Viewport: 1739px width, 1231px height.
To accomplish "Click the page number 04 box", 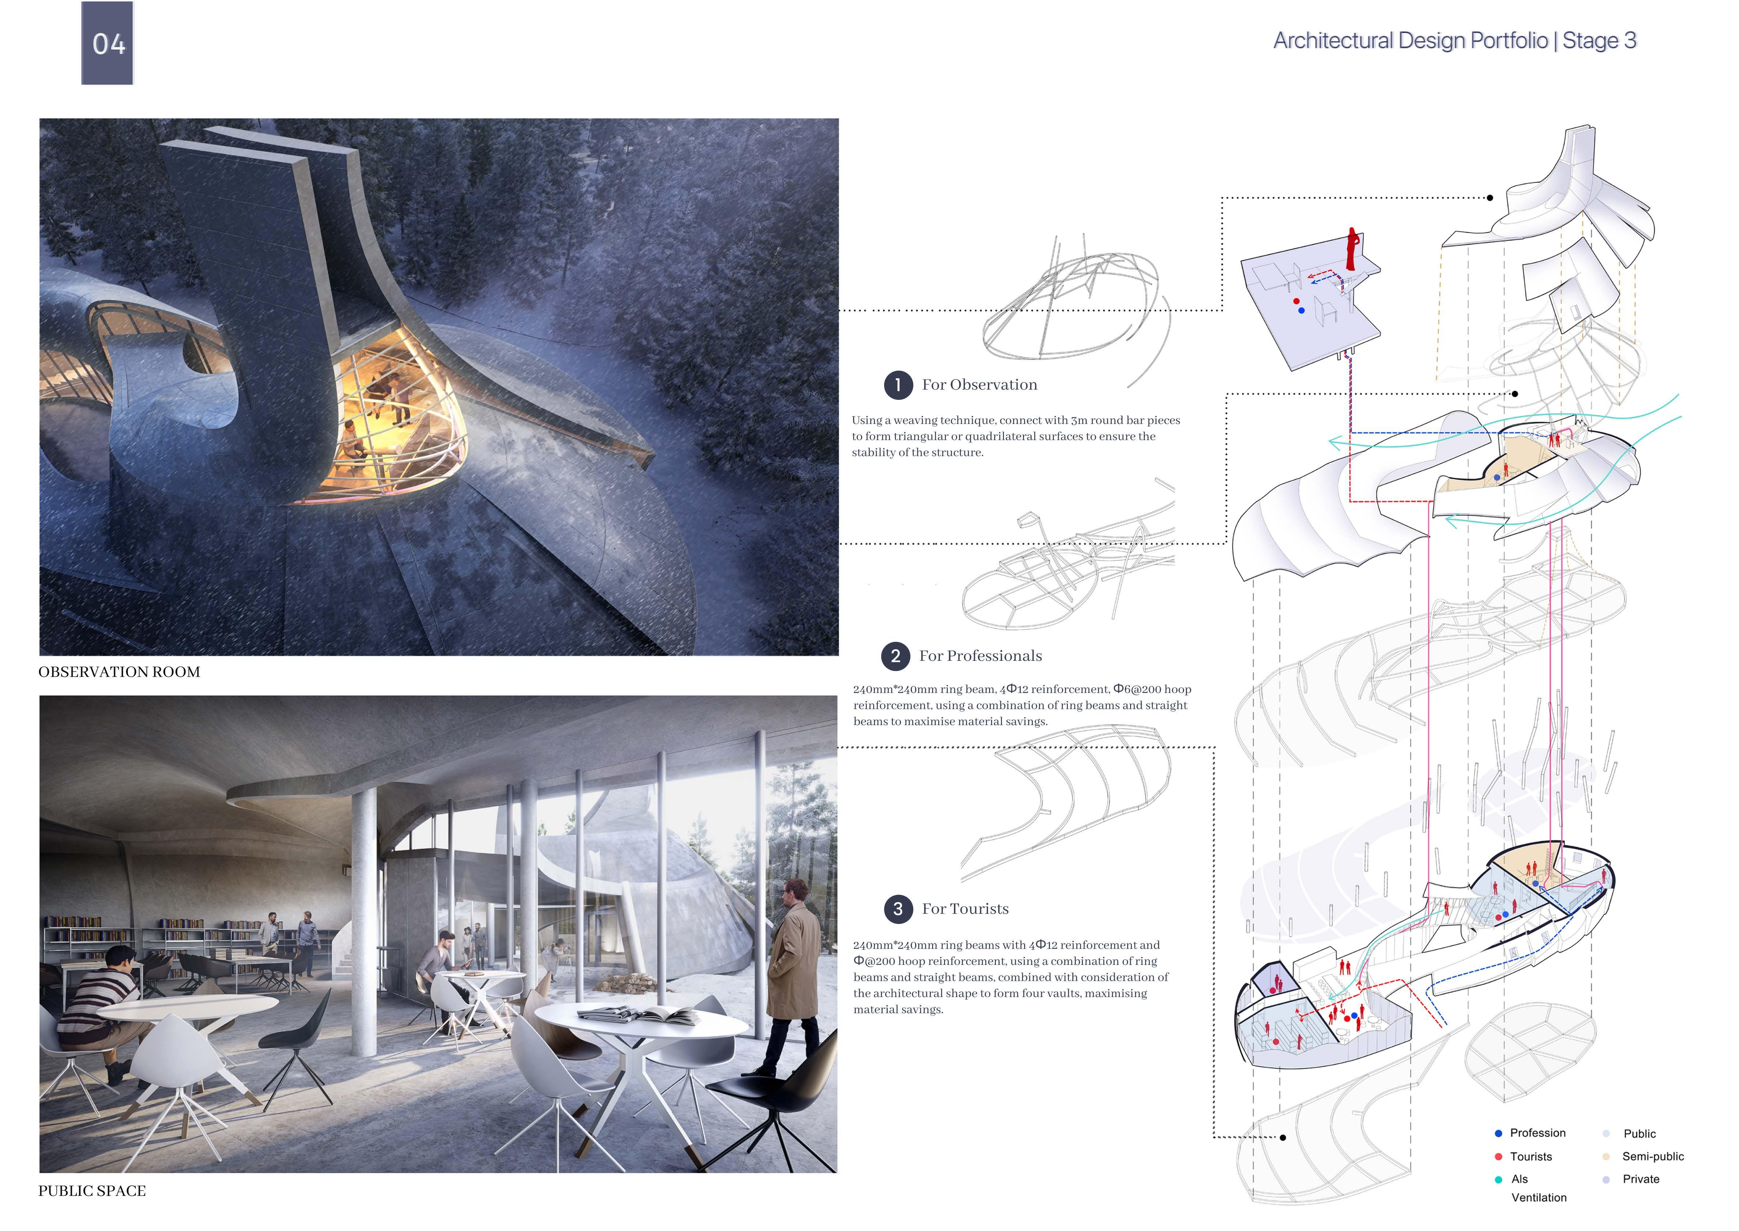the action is (x=108, y=43).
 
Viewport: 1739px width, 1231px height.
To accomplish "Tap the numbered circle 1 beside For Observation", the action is (x=898, y=385).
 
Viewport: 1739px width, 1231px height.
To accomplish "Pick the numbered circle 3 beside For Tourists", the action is (x=898, y=909).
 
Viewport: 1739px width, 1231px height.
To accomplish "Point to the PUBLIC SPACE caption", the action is (x=92, y=1191).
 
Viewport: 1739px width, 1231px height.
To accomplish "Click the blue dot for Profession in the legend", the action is (x=1498, y=1133).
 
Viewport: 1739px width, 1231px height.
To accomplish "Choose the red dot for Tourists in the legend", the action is (x=1498, y=1157).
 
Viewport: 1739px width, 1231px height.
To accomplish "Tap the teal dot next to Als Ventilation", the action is (x=1498, y=1179).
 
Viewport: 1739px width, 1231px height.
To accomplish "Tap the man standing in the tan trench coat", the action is (x=792, y=970).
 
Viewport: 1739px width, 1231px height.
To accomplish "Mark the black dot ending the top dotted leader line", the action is (x=1490, y=198).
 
